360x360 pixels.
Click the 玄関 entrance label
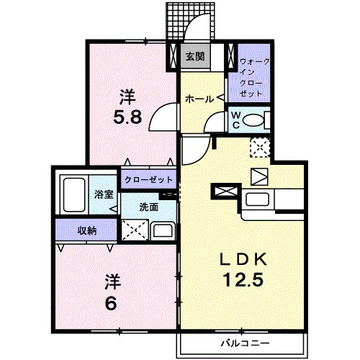(x=195, y=57)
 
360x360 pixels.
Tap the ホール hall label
(x=199, y=99)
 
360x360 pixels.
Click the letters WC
(x=235, y=120)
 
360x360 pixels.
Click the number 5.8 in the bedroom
(x=127, y=117)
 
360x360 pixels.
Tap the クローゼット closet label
(x=149, y=179)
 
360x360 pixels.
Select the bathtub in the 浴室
(x=74, y=195)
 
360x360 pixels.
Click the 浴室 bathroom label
(x=104, y=194)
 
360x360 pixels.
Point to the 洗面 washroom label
(x=149, y=207)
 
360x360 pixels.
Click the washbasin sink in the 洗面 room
(x=163, y=231)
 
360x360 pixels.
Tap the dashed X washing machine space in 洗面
(x=135, y=230)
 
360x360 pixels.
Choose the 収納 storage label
(x=87, y=230)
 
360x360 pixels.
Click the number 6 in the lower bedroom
(x=111, y=303)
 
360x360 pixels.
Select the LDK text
(x=243, y=258)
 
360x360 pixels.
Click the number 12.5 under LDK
(x=243, y=279)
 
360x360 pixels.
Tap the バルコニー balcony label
(x=245, y=343)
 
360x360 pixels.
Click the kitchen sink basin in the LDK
(x=257, y=199)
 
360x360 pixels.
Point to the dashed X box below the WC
(x=260, y=148)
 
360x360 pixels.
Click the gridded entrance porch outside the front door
(x=190, y=21)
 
